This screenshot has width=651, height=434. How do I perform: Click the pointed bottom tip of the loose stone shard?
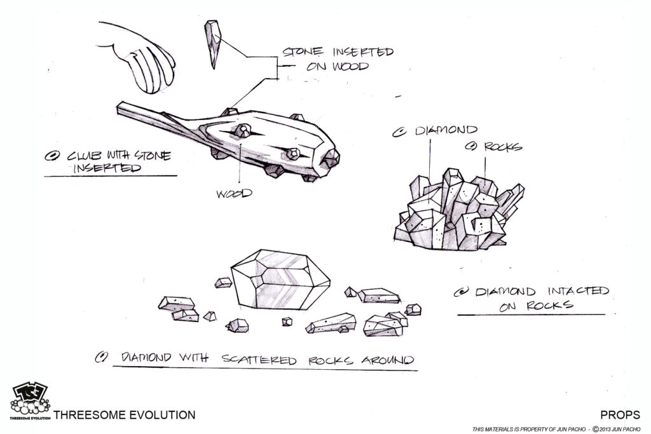pos(214,69)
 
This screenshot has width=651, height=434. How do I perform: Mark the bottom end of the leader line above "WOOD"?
pos(240,183)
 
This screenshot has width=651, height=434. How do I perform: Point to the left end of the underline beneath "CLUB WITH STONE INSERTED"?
pos(45,177)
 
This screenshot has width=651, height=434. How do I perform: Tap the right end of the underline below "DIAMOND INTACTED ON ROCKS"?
pos(605,315)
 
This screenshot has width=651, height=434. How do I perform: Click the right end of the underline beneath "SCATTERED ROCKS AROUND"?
pos(418,370)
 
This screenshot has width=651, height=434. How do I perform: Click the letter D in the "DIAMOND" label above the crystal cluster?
pos(421,131)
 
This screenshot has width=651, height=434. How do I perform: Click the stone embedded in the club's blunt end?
pos(331,158)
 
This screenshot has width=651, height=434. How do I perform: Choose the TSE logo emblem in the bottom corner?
pos(30,401)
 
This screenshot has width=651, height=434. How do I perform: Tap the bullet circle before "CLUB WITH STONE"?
pos(52,156)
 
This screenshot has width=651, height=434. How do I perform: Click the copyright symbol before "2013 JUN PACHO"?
pos(595,429)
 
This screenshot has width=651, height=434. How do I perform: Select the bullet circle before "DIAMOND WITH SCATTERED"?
pos(101,357)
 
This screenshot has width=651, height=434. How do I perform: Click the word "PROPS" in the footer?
pos(620,414)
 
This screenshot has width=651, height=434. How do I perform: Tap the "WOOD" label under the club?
pos(234,193)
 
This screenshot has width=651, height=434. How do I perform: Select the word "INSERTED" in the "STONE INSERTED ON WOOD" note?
pos(363,52)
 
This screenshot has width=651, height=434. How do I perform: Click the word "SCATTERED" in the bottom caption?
pos(259,359)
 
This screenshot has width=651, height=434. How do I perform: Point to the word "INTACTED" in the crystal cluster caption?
pos(579,291)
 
